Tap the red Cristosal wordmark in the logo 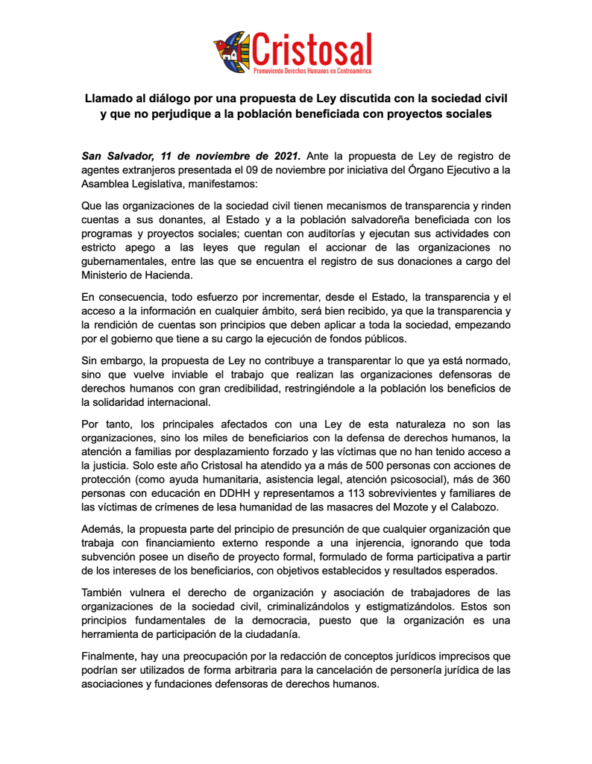click(312, 47)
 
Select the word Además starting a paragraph click(103, 529)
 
